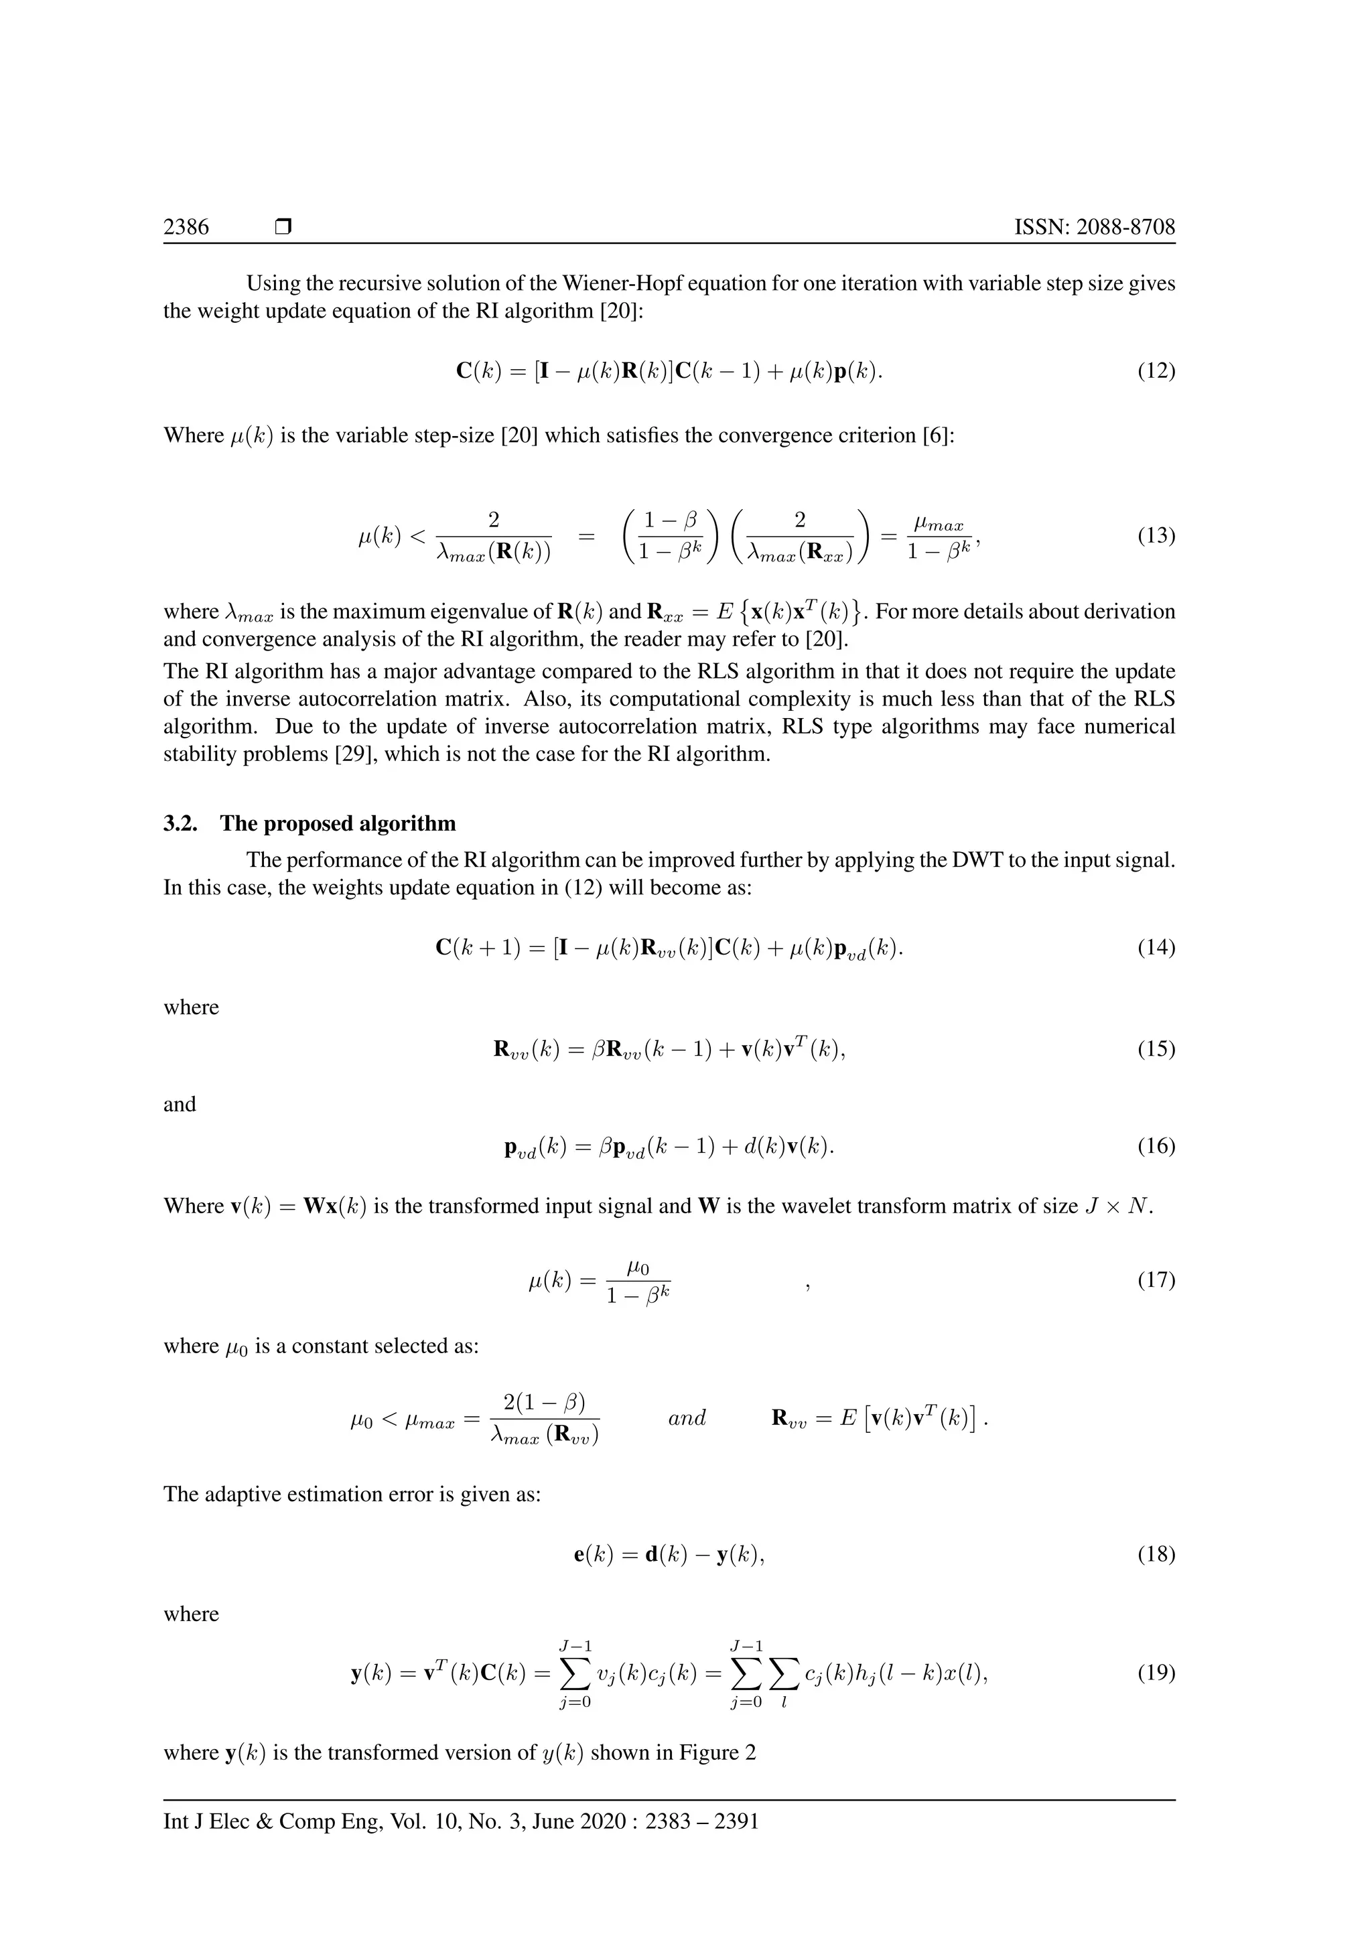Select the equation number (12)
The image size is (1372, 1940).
click(1156, 371)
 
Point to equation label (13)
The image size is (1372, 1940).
click(1156, 536)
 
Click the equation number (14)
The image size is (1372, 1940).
click(1156, 947)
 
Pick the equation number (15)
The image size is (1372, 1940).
click(1156, 1050)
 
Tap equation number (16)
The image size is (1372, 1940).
click(1156, 1147)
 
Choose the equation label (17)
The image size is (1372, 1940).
click(1156, 1280)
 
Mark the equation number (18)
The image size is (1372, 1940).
click(1156, 1554)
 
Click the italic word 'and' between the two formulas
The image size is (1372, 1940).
click(687, 1418)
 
